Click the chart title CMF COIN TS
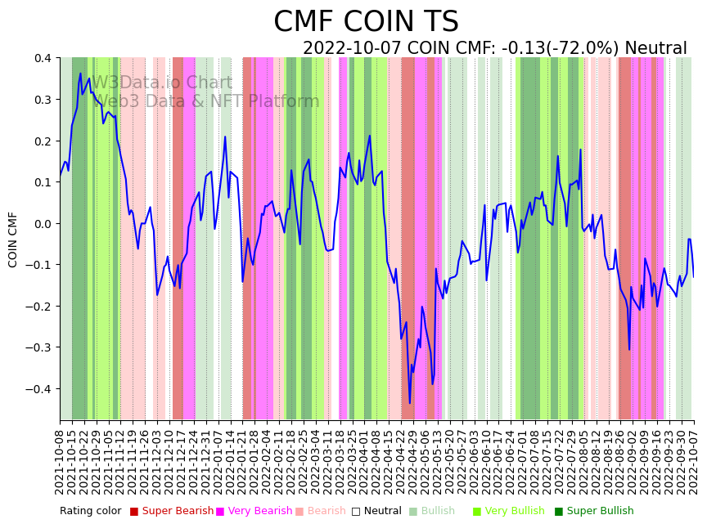366,22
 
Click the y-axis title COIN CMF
13,239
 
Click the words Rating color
90,511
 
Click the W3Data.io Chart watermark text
162,83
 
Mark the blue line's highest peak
80,74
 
